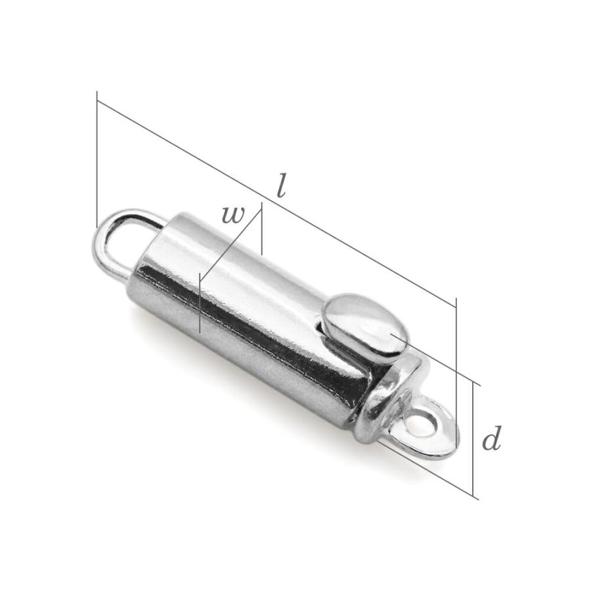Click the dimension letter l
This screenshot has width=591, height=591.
point(281,185)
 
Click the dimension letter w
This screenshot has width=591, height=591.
point(233,215)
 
